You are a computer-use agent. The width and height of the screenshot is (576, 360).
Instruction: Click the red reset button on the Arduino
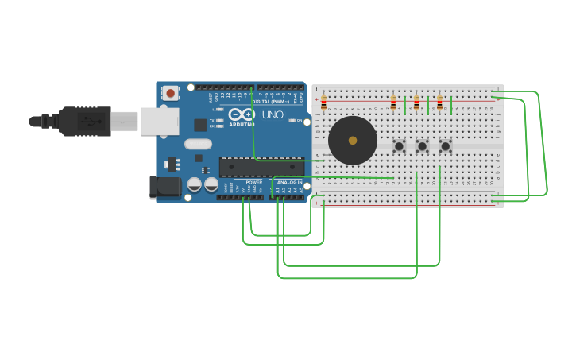[x=170, y=93]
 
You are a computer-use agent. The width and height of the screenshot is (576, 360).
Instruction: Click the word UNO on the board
[x=273, y=114]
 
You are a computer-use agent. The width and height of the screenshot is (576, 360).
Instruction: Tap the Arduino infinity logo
[x=242, y=114]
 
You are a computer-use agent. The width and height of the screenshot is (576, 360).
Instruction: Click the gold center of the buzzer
[x=353, y=141]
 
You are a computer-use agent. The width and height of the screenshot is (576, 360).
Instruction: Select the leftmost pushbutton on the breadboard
[x=399, y=146]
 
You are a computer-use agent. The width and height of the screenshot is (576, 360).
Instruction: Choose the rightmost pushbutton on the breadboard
[x=446, y=146]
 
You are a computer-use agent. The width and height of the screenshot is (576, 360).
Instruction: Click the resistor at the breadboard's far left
[x=323, y=103]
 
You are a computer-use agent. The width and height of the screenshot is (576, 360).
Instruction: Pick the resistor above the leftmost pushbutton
[x=393, y=103]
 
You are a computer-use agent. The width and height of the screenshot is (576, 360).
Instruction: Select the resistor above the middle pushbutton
[x=416, y=103]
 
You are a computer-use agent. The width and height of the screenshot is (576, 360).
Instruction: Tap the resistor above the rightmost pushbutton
[x=439, y=103]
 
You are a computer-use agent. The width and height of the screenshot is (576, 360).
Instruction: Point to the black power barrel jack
[x=165, y=188]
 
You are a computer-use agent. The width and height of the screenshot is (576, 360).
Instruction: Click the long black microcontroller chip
[x=261, y=167]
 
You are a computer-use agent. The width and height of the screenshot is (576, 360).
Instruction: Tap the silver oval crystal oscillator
[x=198, y=145]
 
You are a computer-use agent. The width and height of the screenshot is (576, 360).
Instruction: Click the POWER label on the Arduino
[x=254, y=183]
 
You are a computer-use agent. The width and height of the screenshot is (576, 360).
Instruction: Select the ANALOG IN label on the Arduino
[x=289, y=183]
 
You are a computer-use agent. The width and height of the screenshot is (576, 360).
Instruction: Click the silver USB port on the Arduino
[x=160, y=122]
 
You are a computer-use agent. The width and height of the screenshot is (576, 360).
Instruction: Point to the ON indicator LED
[x=294, y=120]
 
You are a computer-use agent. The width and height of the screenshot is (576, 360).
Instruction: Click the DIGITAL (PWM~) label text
[x=269, y=102]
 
